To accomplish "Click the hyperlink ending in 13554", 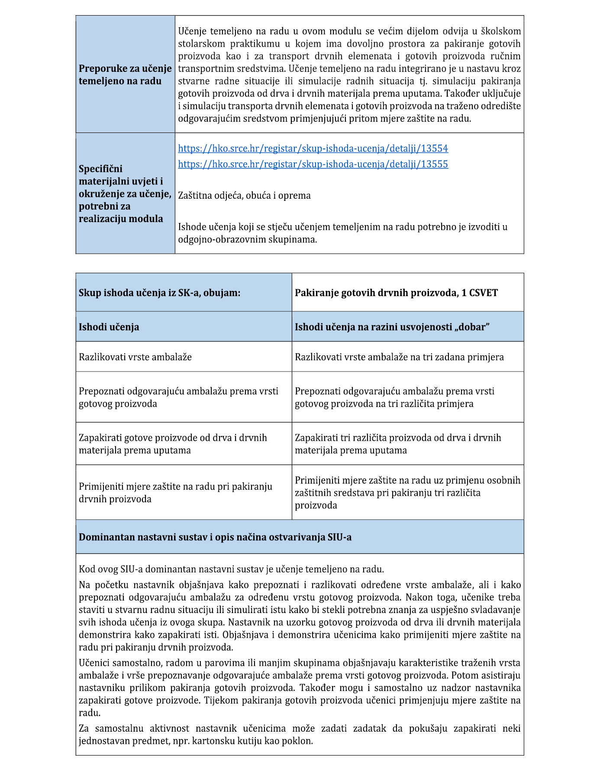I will (313, 148).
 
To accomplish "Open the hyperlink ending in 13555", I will (313, 164).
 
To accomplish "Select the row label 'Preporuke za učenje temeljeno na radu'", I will (125, 75).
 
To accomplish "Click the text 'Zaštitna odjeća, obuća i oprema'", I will (244, 196).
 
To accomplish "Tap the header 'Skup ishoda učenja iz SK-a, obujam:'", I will (159, 293).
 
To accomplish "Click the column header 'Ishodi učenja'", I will (109, 327).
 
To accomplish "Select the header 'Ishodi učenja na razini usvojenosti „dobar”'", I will (392, 327).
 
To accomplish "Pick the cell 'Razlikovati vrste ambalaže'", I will (135, 357).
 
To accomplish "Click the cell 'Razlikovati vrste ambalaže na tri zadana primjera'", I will (399, 357).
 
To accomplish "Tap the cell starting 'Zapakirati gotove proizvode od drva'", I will (173, 444).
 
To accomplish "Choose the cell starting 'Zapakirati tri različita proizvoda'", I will (398, 444).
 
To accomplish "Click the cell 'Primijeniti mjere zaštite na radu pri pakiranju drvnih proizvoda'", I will (175, 493).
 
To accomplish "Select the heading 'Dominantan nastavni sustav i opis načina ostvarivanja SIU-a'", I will (215, 537).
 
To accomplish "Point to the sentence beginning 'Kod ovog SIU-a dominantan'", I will (231, 569).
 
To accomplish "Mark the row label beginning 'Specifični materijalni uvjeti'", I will (125, 194).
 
